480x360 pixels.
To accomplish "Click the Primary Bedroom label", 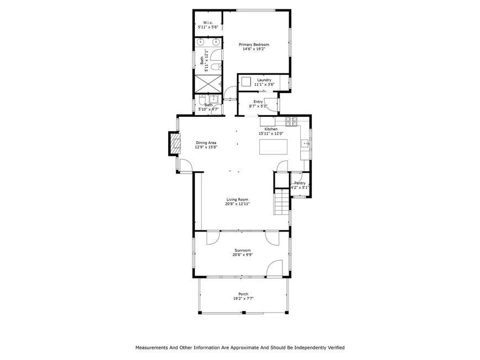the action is coord(254,45).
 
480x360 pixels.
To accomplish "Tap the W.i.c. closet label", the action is coord(208,23).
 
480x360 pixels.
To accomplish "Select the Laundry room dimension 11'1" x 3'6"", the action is coord(264,84).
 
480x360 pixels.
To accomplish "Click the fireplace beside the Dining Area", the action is coord(174,144).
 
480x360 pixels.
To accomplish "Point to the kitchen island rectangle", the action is coord(273,147).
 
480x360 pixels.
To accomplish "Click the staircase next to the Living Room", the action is coord(281,202).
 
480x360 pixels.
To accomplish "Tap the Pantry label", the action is coord(300,183).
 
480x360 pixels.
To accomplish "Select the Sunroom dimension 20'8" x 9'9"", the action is coord(242,255).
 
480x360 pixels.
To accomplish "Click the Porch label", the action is coord(243,294).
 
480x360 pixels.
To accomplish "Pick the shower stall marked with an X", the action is coord(208,83).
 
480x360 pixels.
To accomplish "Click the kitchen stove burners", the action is coord(291,122).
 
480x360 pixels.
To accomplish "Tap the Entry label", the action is coord(258,102).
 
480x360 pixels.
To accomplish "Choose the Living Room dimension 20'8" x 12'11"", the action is coord(238,203).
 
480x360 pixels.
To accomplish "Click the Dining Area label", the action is coord(206,143).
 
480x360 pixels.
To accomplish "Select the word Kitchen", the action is coord(271,130).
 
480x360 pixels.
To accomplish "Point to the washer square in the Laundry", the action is coord(246,82).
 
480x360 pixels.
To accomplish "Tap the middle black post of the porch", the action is coord(244,313).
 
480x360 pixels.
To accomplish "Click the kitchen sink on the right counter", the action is coord(305,143).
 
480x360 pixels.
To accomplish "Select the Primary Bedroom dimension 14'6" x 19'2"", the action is coord(254,49).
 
